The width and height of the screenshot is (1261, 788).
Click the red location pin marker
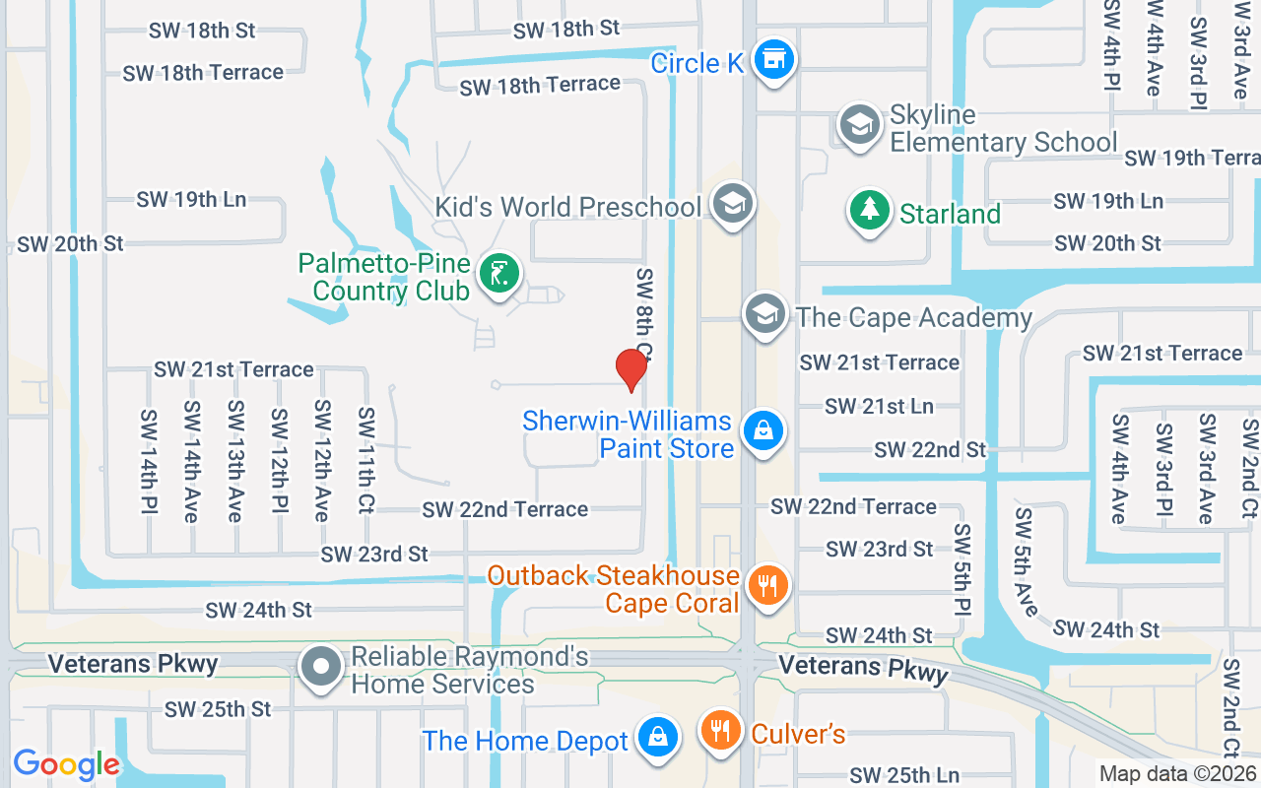[x=630, y=369]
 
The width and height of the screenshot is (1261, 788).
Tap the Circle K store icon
[x=774, y=60]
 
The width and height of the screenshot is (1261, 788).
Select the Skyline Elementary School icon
[x=859, y=126]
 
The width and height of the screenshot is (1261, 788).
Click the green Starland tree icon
[x=869, y=211]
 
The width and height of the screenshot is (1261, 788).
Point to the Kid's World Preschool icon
[x=732, y=204]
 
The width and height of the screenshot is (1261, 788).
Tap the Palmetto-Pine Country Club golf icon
[x=499, y=273]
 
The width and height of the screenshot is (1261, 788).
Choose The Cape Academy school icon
[x=764, y=314]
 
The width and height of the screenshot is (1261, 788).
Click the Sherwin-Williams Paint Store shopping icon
[x=762, y=431]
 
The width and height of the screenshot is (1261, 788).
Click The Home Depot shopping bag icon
[x=656, y=738]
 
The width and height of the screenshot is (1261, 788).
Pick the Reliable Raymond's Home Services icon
[x=321, y=667]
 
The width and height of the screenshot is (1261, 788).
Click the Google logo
[x=66, y=764]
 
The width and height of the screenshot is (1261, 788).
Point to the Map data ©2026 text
[x=1178, y=774]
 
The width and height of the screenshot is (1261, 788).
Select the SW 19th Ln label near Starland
[x=1108, y=201]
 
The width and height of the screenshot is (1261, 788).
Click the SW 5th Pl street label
[x=962, y=581]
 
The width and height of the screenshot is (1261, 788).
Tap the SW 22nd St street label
[x=930, y=450]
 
